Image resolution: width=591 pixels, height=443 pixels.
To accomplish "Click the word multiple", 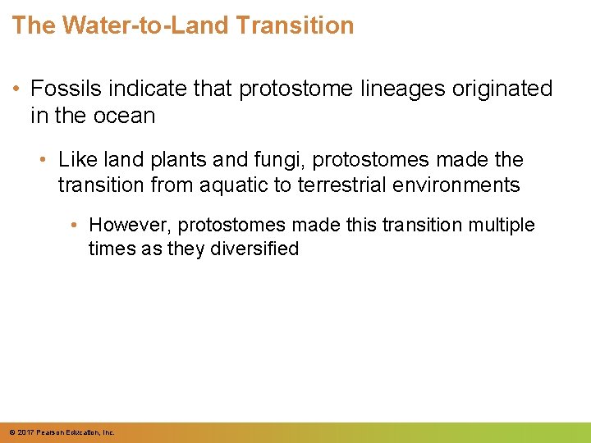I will coord(501,225).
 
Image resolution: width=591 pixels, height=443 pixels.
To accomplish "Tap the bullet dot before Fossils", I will coord(16,89).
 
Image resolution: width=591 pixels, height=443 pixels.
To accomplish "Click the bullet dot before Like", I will coord(46,159).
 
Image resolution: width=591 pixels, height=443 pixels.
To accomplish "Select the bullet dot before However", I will coord(76,225).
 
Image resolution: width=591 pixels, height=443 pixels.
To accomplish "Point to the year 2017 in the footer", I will coord(25,432).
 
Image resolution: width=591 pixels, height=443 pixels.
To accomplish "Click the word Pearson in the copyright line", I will coord(50,432).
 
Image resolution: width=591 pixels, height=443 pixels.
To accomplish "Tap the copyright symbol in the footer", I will coord(11,432).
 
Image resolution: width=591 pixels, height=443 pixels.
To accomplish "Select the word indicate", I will coord(135,89).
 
